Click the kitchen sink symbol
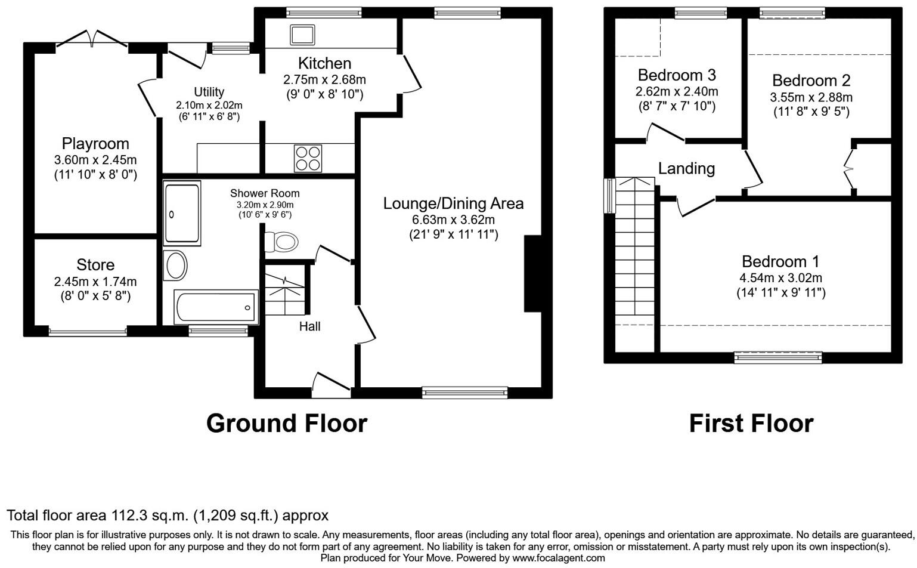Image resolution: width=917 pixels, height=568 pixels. click(x=302, y=35)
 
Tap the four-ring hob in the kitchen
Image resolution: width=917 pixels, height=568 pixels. click(x=308, y=158)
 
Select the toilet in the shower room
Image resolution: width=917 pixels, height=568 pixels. click(x=281, y=242)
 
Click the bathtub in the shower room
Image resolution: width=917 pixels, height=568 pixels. click(x=216, y=307)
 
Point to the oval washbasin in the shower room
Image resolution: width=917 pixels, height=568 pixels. click(x=175, y=266)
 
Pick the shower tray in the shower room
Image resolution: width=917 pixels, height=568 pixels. click(x=182, y=213)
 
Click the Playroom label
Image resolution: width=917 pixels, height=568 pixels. click(x=95, y=144)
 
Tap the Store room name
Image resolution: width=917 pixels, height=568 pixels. click(x=95, y=265)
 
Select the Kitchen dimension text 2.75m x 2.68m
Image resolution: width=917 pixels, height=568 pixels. click(x=324, y=79)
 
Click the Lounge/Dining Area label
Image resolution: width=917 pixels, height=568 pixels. click(x=453, y=203)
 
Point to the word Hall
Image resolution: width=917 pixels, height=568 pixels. click(x=309, y=326)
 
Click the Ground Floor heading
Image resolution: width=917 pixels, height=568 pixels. click(x=287, y=424)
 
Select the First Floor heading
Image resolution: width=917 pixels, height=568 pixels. click(x=751, y=424)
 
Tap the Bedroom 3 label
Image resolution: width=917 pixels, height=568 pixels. click(x=677, y=75)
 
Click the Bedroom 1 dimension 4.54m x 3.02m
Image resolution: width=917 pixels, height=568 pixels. click(x=780, y=278)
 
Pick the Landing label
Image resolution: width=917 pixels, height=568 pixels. click(x=686, y=168)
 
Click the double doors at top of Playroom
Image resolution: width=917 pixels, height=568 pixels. click(x=92, y=39)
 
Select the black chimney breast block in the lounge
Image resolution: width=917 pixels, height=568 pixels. click(x=532, y=273)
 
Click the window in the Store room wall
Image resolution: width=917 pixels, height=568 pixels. click(x=88, y=331)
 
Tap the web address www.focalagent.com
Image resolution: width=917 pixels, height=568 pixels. click(x=559, y=558)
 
